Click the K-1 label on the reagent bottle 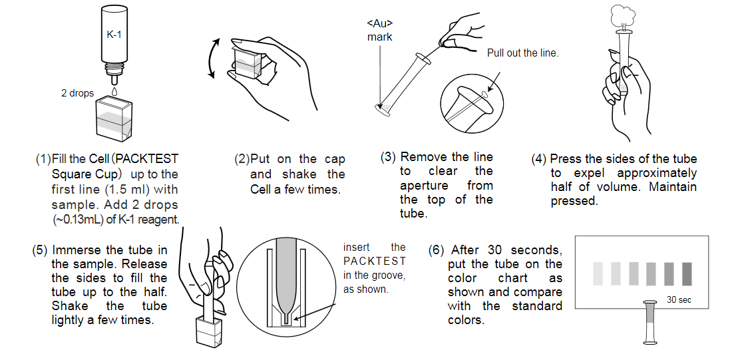114,35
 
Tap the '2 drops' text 77,93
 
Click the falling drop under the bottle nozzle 114,89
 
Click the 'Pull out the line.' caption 522,53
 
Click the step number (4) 538,159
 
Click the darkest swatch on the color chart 687,272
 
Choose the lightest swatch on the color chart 598,272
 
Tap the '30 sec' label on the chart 679,300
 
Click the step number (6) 437,250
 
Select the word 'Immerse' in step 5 81,250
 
